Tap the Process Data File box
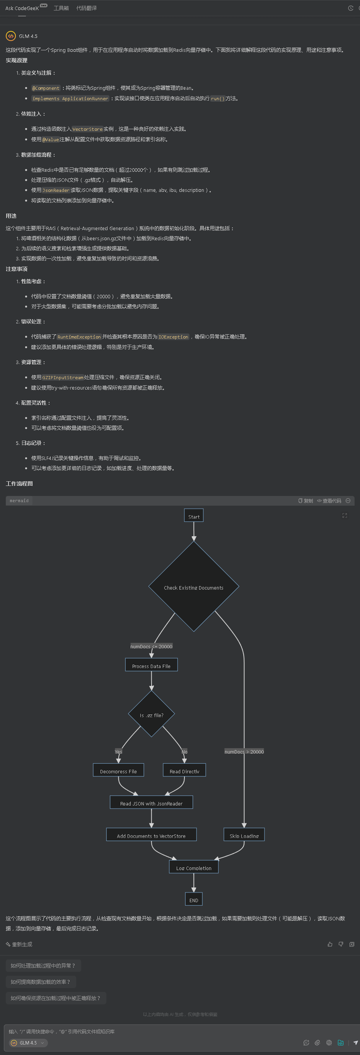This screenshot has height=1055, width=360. click(x=151, y=665)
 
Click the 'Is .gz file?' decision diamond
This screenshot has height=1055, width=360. click(x=152, y=715)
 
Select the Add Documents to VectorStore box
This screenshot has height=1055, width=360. click(x=151, y=835)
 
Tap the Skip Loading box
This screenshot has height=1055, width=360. click(x=244, y=835)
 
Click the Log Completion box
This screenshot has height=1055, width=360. click(x=194, y=867)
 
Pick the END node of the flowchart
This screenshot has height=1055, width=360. click(x=194, y=900)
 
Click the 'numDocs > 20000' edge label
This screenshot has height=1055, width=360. click(x=244, y=752)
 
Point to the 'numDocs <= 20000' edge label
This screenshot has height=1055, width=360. click(x=151, y=646)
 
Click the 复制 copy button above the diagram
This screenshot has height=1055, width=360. click(x=305, y=501)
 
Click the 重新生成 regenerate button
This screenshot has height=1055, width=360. click(x=19, y=944)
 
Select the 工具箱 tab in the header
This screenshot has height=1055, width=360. click(x=61, y=8)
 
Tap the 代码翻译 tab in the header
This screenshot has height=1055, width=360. click(x=86, y=8)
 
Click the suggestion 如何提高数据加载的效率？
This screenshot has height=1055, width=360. click(x=41, y=982)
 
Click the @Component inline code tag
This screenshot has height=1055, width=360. click(x=46, y=88)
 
